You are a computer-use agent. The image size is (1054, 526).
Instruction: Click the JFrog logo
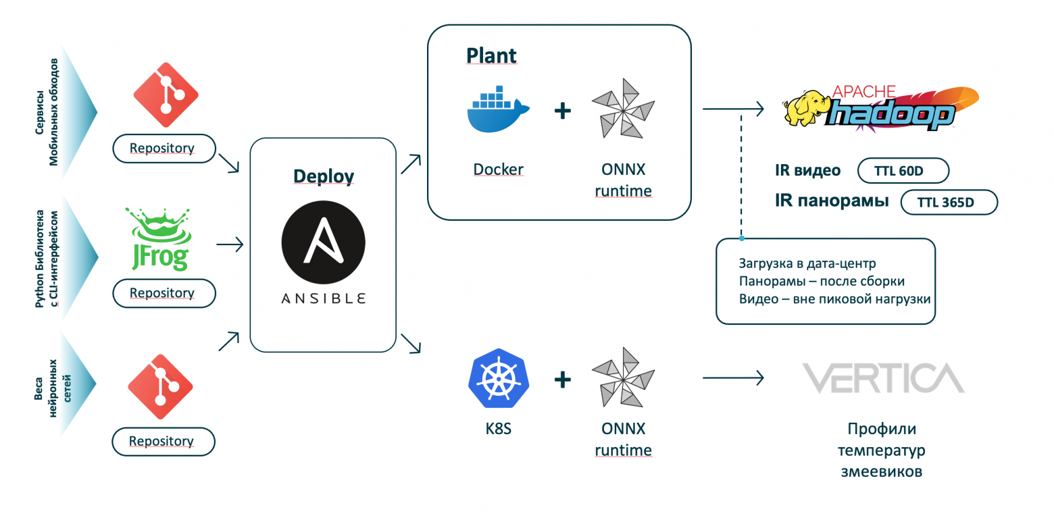point(159,240)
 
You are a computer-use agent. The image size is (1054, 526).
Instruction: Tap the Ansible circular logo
point(323,242)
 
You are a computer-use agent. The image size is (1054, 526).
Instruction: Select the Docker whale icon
point(499,111)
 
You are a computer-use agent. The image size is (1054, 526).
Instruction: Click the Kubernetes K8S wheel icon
point(498,378)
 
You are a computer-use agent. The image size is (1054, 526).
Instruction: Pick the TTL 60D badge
point(903,172)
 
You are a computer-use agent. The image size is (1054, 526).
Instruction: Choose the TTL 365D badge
point(949,203)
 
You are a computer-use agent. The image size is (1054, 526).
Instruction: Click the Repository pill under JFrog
point(162,293)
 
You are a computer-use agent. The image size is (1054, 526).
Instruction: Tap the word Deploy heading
point(323,177)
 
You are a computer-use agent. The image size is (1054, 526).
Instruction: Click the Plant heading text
point(491,56)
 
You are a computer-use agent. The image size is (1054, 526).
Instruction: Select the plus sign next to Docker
point(563,110)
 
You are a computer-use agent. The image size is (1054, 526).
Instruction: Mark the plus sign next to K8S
point(563,379)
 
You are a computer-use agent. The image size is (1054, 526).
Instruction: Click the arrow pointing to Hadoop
point(733,109)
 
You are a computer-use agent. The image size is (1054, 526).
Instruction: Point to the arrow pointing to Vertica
point(733,378)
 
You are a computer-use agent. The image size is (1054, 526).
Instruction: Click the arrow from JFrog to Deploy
point(229,244)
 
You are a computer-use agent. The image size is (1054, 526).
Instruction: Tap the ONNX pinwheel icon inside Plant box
point(623,109)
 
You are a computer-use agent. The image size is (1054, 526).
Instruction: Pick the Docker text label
point(499,169)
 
